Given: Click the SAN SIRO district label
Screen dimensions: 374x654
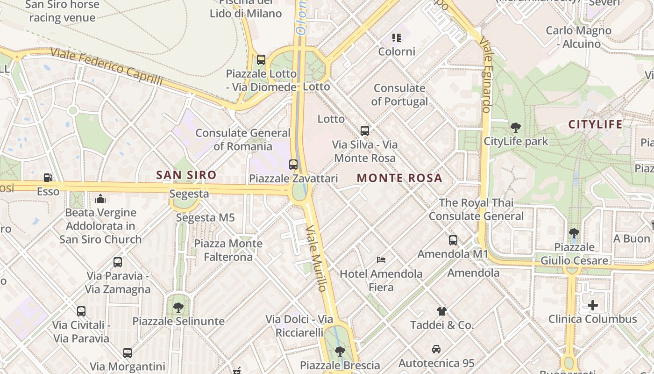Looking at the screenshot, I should point(186,175).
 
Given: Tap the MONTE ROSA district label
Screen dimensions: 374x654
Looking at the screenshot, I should point(399,178).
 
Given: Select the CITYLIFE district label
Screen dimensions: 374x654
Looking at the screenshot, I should point(595,124).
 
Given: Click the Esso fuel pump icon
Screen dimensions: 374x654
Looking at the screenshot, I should point(48,178).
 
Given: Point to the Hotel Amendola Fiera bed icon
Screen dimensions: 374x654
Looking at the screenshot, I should point(381,260).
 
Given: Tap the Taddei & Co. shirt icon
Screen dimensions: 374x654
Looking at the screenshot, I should point(441,311).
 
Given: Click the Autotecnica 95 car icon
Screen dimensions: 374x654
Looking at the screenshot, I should point(436,349).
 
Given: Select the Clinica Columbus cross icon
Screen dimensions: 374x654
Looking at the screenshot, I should point(592,306).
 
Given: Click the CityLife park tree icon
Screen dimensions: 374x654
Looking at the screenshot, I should point(516,127).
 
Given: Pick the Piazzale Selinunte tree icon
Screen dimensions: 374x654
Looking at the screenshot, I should point(178,308).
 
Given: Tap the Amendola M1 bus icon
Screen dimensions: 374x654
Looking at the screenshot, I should point(453,240).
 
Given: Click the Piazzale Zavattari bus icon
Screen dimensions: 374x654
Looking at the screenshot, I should point(293,165).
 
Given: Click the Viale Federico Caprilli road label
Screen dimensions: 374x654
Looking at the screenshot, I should point(107,67).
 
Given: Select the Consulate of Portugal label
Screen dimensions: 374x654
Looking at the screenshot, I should point(399,95).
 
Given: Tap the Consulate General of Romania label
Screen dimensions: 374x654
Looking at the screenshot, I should point(242,139).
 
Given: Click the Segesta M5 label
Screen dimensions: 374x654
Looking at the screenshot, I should point(205,218).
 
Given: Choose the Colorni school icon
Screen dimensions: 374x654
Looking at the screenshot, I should point(397,37).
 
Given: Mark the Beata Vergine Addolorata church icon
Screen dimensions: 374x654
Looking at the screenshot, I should point(100,199).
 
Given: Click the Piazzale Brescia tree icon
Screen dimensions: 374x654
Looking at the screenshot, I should point(340,351).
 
